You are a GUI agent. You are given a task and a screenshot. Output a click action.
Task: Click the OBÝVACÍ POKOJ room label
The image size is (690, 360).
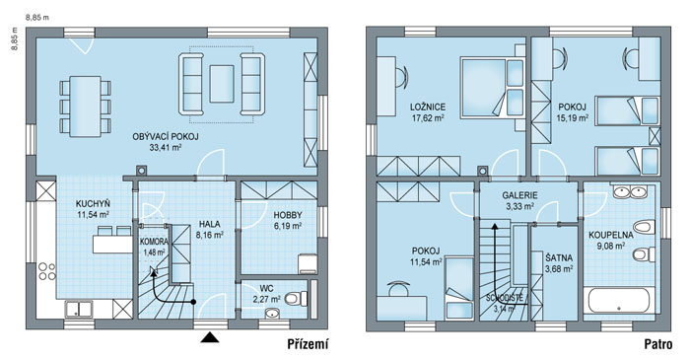pos(166,137)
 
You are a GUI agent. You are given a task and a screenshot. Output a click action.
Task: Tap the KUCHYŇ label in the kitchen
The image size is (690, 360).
pos(93,204)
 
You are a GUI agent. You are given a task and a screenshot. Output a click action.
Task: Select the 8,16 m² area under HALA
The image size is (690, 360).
pos(209,235)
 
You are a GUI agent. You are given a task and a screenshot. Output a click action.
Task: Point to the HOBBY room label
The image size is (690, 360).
pos(288,215)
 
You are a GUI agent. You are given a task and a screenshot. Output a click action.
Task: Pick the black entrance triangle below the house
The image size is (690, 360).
pos(210,337)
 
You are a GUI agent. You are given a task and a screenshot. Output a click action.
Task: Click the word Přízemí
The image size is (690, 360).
pos(308,344)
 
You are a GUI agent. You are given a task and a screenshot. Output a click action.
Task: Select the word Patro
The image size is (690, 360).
pos(658,344)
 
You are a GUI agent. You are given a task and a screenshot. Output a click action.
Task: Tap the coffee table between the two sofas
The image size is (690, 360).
pos(222,84)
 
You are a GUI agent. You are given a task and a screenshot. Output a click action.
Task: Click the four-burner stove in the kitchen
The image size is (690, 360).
pos(46,271)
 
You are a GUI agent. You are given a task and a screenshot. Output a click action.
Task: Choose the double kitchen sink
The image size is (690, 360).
pos(79,309)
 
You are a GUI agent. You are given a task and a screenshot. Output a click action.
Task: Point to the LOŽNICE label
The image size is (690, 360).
pos(428,107)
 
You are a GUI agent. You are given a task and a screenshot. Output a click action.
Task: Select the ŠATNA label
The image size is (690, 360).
pos(559,257)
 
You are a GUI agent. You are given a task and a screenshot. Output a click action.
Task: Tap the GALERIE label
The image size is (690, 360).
pos(519,195)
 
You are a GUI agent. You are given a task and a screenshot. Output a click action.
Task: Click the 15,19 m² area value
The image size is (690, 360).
pos(573,118)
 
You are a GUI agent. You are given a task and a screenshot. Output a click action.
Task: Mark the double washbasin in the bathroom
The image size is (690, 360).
pos(629,191)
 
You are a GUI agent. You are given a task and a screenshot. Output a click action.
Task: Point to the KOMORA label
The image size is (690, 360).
pos(154,242)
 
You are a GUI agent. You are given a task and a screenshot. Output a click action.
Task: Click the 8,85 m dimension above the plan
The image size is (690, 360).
pos(37,18)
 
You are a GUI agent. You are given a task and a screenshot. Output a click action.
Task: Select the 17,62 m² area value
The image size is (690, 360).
pos(428,118)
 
